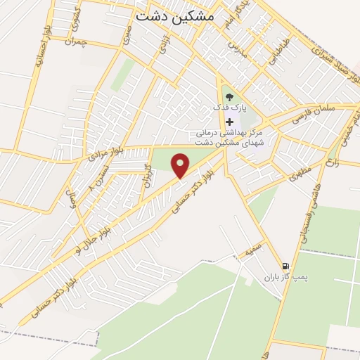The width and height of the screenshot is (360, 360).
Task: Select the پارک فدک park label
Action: (231, 108)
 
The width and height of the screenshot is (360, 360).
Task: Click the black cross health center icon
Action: (229, 122)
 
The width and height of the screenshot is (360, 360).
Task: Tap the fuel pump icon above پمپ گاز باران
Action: (285, 266)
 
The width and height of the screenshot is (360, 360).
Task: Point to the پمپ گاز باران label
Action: (287, 278)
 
